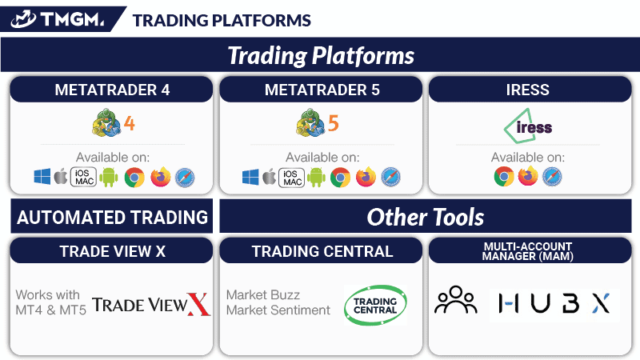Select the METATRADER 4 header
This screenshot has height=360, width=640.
click(x=112, y=90)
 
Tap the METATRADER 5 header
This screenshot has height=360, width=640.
click(x=322, y=90)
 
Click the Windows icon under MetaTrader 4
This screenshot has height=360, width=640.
click(x=42, y=177)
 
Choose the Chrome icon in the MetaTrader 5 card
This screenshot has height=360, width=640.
click(x=342, y=177)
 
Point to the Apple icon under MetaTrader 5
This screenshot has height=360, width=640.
click(x=270, y=177)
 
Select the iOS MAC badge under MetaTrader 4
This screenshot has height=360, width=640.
click(x=82, y=177)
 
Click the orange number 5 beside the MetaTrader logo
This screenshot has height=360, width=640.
click(x=334, y=124)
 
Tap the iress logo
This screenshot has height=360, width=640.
click(x=528, y=126)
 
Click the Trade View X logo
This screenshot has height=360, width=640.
click(x=151, y=304)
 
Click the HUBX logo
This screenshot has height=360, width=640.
click(x=554, y=303)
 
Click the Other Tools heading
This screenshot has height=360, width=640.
click(x=426, y=216)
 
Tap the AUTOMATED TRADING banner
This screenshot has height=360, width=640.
click(x=112, y=217)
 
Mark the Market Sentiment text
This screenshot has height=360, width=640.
click(x=278, y=310)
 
